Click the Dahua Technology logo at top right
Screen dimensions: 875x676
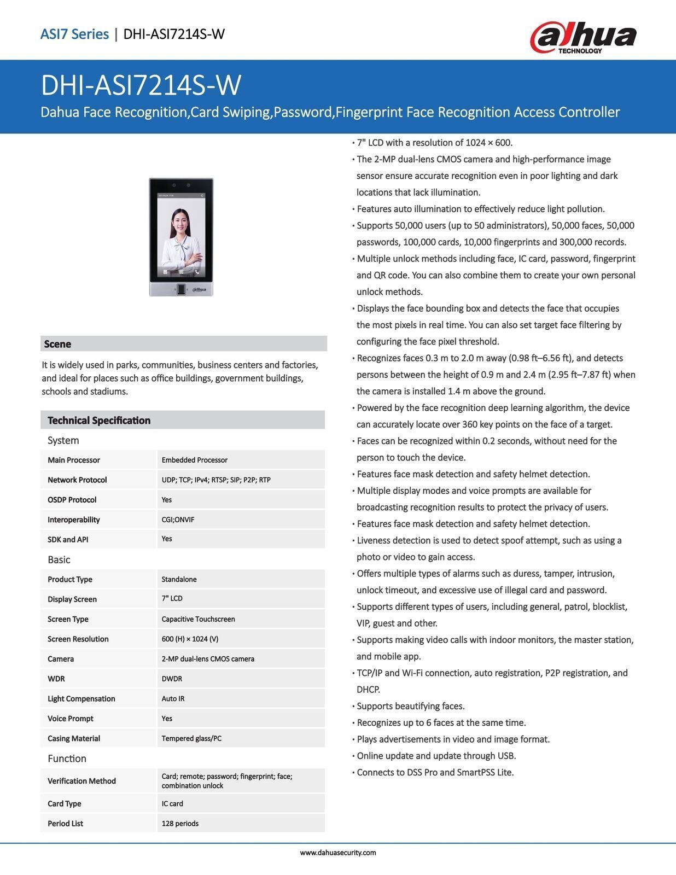(583, 37)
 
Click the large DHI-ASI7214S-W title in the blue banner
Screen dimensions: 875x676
(141, 85)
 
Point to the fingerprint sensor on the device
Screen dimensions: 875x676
(181, 289)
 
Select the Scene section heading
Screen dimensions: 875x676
(57, 344)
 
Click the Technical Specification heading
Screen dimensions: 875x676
(99, 421)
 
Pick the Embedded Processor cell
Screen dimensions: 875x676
(195, 460)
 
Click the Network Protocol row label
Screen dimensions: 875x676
(77, 480)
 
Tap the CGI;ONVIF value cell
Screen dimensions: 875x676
(178, 520)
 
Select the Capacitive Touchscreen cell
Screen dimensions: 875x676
(198, 619)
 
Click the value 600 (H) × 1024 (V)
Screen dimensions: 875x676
(190, 639)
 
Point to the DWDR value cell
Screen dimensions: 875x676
(172, 679)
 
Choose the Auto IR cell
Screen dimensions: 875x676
(174, 698)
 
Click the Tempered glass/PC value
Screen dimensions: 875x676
(191, 738)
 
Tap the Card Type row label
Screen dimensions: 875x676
(64, 803)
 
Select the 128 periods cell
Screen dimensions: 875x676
(180, 823)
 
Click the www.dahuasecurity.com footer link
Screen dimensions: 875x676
(338, 853)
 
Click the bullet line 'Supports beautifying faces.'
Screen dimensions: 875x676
(410, 706)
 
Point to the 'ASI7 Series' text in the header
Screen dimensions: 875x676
(74, 34)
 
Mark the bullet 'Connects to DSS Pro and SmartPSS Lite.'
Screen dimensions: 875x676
(435, 772)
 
